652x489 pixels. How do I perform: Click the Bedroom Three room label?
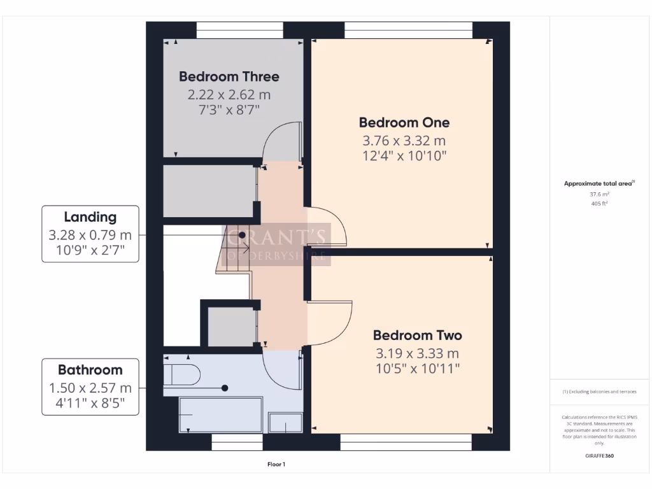click(x=229, y=76)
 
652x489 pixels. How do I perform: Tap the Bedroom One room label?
click(x=404, y=122)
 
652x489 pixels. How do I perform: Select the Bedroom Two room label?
click(x=417, y=335)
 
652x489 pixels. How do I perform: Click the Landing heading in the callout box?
click(x=90, y=217)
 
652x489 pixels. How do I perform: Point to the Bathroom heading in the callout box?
click(x=90, y=370)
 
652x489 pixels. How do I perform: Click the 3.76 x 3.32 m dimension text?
click(x=404, y=141)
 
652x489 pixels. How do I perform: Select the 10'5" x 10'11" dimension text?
click(x=417, y=369)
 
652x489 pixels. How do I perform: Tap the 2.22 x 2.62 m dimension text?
click(x=229, y=94)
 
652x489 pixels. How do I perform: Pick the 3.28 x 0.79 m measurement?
click(x=90, y=234)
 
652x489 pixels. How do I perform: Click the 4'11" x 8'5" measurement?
click(x=90, y=404)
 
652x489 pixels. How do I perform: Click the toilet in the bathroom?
click(x=181, y=375)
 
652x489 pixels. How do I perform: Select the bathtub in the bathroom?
click(x=220, y=415)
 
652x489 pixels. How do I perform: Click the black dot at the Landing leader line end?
click(x=243, y=235)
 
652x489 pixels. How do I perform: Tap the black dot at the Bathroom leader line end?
click(x=224, y=388)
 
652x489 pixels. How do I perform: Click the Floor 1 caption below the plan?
click(x=276, y=464)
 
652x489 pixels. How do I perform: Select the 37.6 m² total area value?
click(x=599, y=195)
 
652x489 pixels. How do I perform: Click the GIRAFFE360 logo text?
click(x=599, y=456)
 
